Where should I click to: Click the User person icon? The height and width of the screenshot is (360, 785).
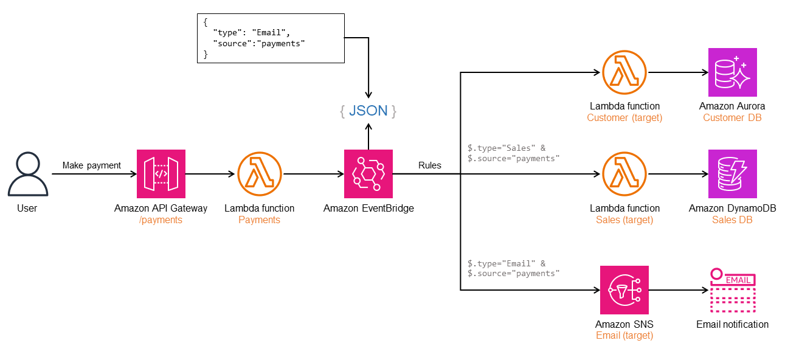[27, 174]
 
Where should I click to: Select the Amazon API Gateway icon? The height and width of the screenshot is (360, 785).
[161, 174]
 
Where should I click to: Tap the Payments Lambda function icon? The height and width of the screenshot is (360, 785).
[259, 174]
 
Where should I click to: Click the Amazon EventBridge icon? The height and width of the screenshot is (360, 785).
[368, 174]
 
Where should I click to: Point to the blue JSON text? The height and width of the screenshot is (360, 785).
[368, 111]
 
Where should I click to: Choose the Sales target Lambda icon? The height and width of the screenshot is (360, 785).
[624, 174]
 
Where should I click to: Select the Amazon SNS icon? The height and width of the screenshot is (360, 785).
[624, 290]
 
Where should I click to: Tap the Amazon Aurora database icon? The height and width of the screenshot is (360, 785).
[732, 72]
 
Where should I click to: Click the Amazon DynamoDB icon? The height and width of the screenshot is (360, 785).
[732, 174]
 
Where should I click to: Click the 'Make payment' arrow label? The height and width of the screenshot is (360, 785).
[92, 165]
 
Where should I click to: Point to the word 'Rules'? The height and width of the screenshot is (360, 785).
[430, 165]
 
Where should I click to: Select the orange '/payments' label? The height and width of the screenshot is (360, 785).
[161, 220]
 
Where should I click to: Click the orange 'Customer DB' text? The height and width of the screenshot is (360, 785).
[732, 117]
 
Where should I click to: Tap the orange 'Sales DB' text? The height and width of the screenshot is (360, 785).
[732, 220]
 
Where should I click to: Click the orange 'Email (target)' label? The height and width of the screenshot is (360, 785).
[624, 335]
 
